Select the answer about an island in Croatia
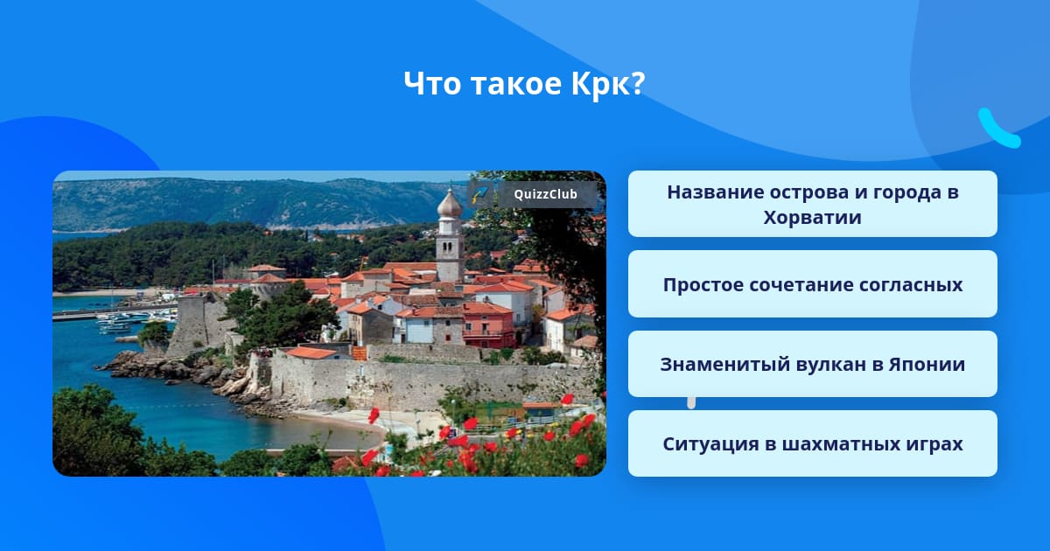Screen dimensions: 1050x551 [x=812, y=204]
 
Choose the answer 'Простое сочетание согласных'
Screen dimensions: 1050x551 [x=812, y=284]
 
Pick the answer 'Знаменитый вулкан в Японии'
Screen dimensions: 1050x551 [x=812, y=364]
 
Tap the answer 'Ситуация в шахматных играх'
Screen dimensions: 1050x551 [x=812, y=443]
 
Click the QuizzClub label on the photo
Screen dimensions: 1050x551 [x=545, y=194]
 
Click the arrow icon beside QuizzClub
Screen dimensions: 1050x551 [x=480, y=194]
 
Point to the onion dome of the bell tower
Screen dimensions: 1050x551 [x=450, y=203]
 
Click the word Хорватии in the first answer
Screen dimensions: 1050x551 [x=812, y=218]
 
